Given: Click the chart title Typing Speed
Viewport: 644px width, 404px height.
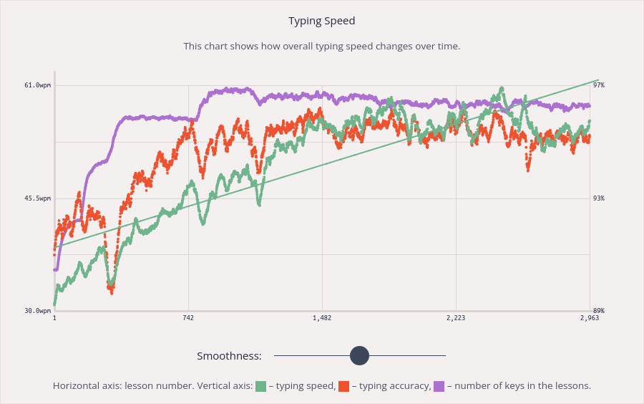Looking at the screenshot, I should pos(321,21).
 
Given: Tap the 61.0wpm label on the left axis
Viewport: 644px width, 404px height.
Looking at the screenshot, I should pos(37,85).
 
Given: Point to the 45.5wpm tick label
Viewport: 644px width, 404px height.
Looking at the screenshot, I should pos(37,198).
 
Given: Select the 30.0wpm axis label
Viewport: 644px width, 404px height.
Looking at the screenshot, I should pos(37,311).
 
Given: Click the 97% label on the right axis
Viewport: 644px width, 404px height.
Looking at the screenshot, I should pos(599,85).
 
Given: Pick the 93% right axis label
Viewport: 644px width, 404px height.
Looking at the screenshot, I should pos(599,198).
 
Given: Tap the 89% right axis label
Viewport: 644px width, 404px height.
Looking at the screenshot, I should pos(599,311).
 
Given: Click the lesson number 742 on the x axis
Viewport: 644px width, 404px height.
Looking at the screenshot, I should pos(188,318).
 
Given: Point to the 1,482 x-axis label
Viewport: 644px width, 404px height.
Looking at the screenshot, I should pos(322,318).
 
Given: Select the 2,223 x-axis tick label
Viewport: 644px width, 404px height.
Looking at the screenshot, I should pos(456,318).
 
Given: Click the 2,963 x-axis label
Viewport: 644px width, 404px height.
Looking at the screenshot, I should pos(590,318).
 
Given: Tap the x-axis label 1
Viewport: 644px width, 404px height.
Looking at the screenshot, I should pos(54,318).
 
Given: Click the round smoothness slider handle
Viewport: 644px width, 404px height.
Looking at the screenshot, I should pos(359,355).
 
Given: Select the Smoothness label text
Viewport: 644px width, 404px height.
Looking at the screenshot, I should pos(229,356).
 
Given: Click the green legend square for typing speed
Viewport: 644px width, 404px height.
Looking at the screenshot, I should pos(261,386).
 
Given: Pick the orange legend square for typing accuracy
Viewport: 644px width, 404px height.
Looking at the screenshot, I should pos(344,386).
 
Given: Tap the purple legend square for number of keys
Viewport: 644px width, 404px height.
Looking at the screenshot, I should pos(439,386).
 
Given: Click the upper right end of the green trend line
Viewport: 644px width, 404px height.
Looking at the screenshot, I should pos(597,80).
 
